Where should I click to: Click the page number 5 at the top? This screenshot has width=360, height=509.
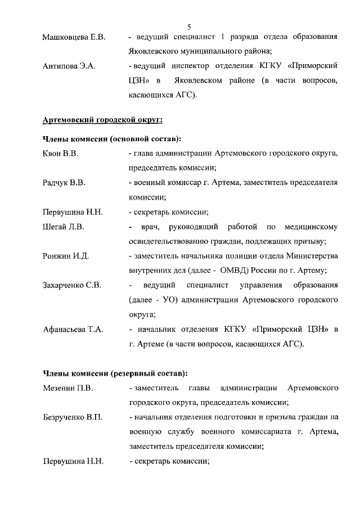click(x=189, y=26)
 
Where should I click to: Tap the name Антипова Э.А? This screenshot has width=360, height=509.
click(x=69, y=66)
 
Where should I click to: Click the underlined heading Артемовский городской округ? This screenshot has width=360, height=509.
click(x=102, y=120)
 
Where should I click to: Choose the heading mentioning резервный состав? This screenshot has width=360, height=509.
click(x=115, y=373)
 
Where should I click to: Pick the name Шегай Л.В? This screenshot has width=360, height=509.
click(x=63, y=227)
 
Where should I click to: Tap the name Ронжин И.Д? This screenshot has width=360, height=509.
click(x=65, y=256)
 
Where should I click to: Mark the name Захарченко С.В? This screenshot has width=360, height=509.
click(x=72, y=286)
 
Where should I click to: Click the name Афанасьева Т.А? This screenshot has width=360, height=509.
click(x=73, y=330)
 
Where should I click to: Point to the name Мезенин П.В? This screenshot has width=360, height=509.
click(x=67, y=388)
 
